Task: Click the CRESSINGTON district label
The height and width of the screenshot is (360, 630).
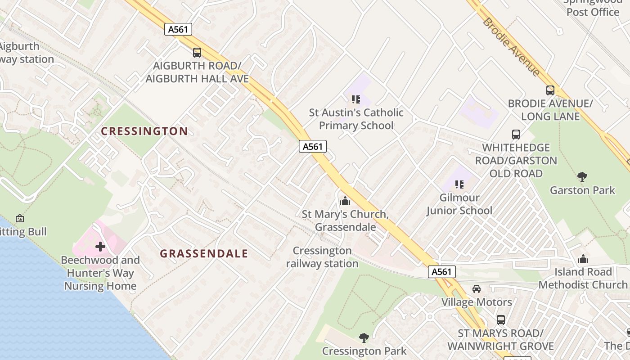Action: click(x=144, y=131)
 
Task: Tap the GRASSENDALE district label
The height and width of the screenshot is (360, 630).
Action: click(x=204, y=254)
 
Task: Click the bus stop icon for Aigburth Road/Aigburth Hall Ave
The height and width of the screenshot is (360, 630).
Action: click(x=197, y=53)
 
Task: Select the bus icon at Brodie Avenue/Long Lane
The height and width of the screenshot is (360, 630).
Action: click(x=550, y=90)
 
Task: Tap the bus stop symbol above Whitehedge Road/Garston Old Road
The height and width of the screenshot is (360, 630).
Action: click(x=516, y=135)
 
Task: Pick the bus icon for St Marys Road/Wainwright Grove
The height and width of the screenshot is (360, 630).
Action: click(x=500, y=320)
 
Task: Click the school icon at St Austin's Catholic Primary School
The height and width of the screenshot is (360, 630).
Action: click(x=356, y=99)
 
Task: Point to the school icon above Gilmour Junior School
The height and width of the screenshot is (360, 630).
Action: click(x=459, y=184)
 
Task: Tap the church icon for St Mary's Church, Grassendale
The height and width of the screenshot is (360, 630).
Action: click(x=345, y=201)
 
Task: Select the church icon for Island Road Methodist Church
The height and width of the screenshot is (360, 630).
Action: click(x=583, y=259)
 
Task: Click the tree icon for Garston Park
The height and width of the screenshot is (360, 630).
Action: click(x=582, y=176)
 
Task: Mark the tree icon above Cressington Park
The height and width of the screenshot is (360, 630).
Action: click(x=364, y=337)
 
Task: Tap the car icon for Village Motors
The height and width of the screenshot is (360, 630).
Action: click(x=477, y=289)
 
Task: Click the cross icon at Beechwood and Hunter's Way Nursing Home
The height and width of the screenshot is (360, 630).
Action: click(x=100, y=247)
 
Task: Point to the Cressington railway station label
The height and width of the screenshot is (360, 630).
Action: click(x=322, y=257)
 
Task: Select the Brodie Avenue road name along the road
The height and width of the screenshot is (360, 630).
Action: click(x=511, y=46)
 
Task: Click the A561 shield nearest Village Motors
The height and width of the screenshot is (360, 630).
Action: click(x=441, y=272)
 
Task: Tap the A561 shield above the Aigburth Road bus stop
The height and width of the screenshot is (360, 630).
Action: click(x=178, y=30)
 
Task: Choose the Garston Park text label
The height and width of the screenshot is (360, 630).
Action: click(x=582, y=190)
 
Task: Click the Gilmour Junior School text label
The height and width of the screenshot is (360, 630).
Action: click(x=459, y=204)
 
